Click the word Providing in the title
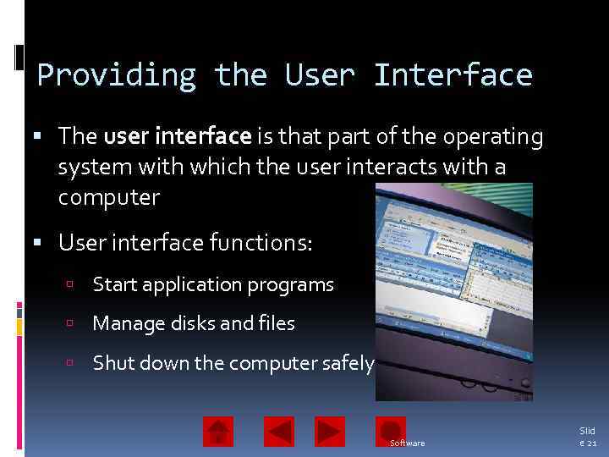tap(117, 75)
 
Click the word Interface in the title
tap(453, 75)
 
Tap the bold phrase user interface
tap(178, 136)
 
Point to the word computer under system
tap(108, 198)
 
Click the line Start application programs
tap(213, 285)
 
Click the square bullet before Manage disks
tap(74, 324)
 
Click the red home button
tap(218, 432)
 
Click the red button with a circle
tap(391, 429)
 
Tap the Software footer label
tap(408, 443)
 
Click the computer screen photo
tap(454, 288)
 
